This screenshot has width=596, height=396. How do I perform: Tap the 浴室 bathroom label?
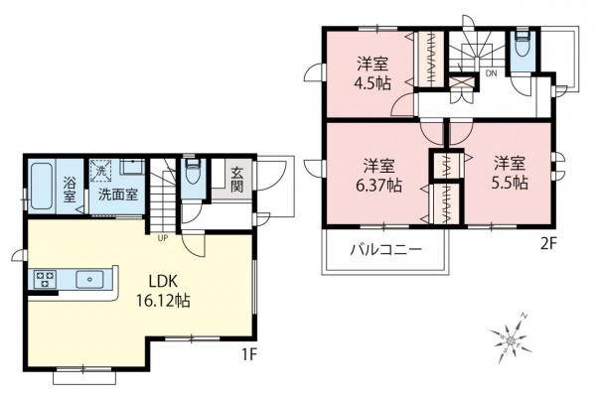(71, 190)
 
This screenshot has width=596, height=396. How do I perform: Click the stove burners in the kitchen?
(47, 279)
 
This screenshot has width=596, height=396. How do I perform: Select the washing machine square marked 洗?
(99, 170)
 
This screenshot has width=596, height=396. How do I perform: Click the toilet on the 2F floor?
(522, 46)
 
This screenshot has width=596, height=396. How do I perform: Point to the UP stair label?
(160, 237)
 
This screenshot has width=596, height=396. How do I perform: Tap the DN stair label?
(491, 72)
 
